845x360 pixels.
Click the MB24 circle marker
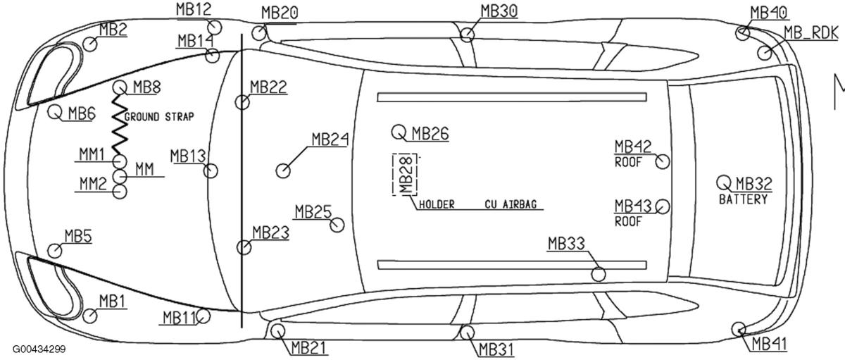pos(284,170)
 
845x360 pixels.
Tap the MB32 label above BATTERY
pos(753,185)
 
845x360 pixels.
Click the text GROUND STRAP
pos(159,116)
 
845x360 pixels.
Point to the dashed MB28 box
pos(405,173)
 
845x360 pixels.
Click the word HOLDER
pos(437,205)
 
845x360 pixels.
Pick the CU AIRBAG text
pos(511,205)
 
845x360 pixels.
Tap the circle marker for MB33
pos(599,274)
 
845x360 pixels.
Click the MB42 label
pos(632,147)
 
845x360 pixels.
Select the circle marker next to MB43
pos(662,206)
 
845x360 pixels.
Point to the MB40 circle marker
pos(744,32)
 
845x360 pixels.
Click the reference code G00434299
pos(39,349)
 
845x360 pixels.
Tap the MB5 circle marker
pos(54,250)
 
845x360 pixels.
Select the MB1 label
pos(113,302)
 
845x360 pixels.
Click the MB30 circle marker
pos(468,33)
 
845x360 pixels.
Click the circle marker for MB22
pos(242,103)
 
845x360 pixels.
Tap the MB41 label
pos(769,344)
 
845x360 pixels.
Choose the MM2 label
pos(92,184)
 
